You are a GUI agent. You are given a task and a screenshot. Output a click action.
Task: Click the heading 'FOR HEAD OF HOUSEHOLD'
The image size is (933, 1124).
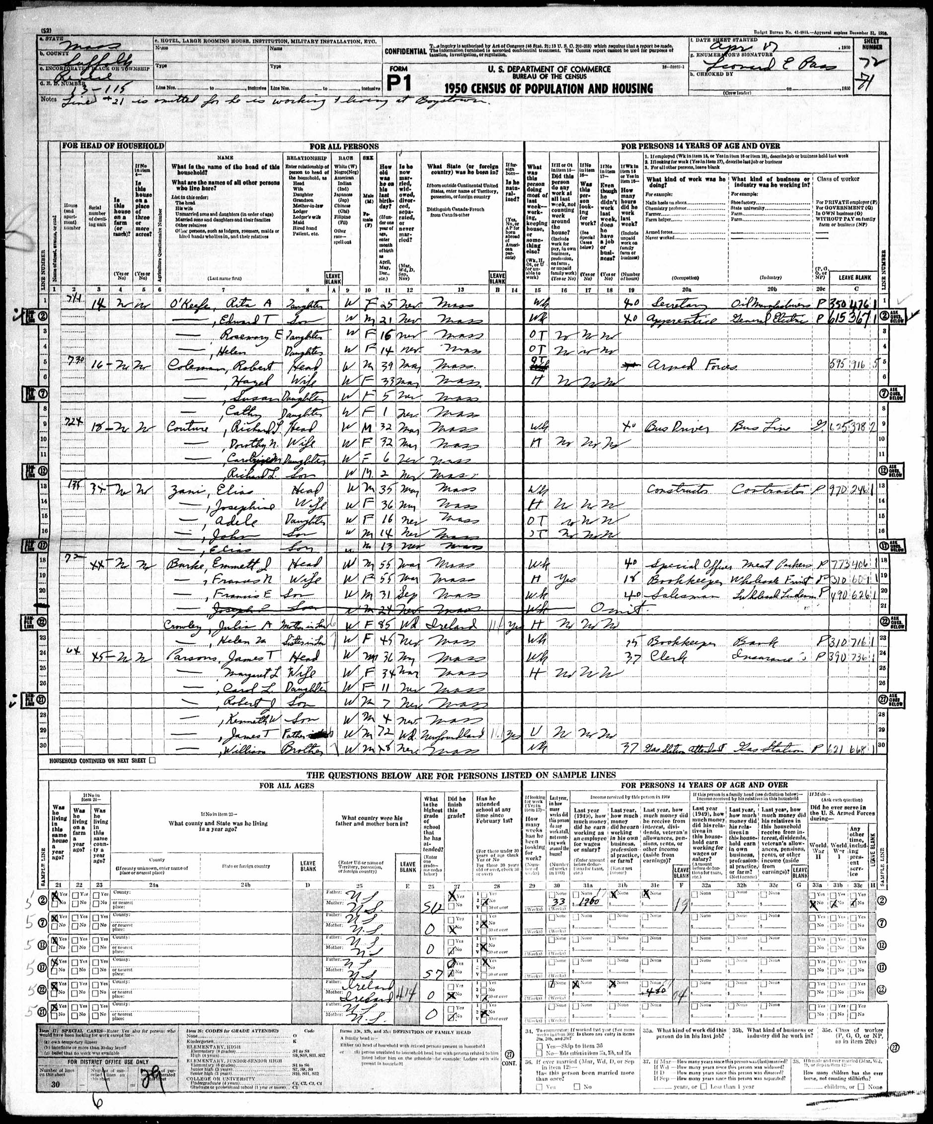pyautogui.click(x=112, y=146)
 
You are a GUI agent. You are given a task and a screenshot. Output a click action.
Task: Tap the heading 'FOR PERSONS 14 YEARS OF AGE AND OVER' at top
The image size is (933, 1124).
pyautogui.click(x=700, y=146)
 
